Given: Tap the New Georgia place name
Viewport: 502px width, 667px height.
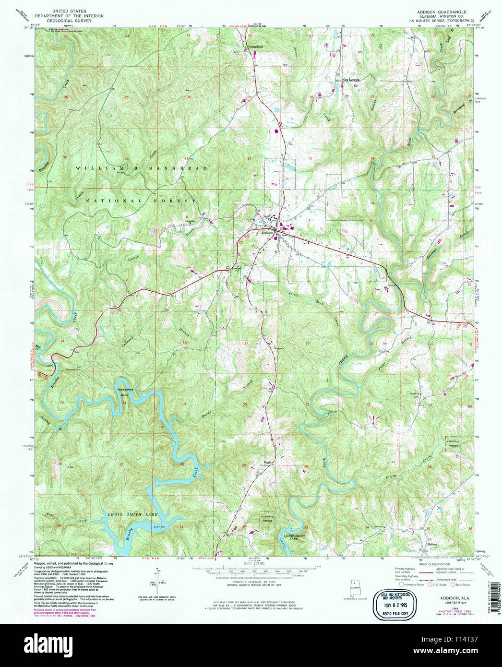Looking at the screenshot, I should tap(351, 80).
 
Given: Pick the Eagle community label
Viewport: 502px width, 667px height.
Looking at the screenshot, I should tap(267, 463).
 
